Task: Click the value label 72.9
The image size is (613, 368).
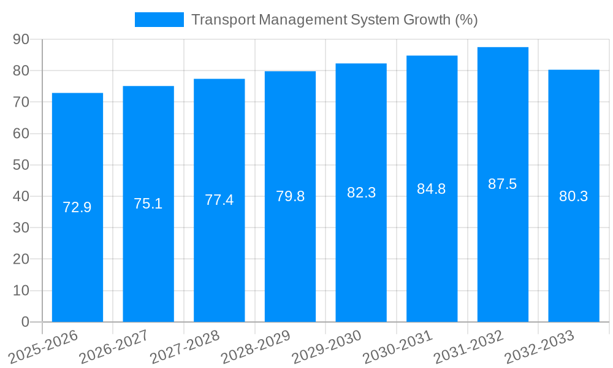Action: point(77,207)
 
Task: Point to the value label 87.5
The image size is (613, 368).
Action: point(503,184)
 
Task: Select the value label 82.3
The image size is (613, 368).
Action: point(361,193)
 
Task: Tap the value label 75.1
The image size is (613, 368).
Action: point(148,204)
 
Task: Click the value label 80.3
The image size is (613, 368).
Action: point(574,196)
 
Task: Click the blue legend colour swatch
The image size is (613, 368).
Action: point(159,20)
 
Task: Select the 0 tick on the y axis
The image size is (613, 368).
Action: point(25,321)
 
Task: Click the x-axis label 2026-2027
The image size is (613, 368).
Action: point(113,346)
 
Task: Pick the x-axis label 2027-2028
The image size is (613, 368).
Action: point(185,346)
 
